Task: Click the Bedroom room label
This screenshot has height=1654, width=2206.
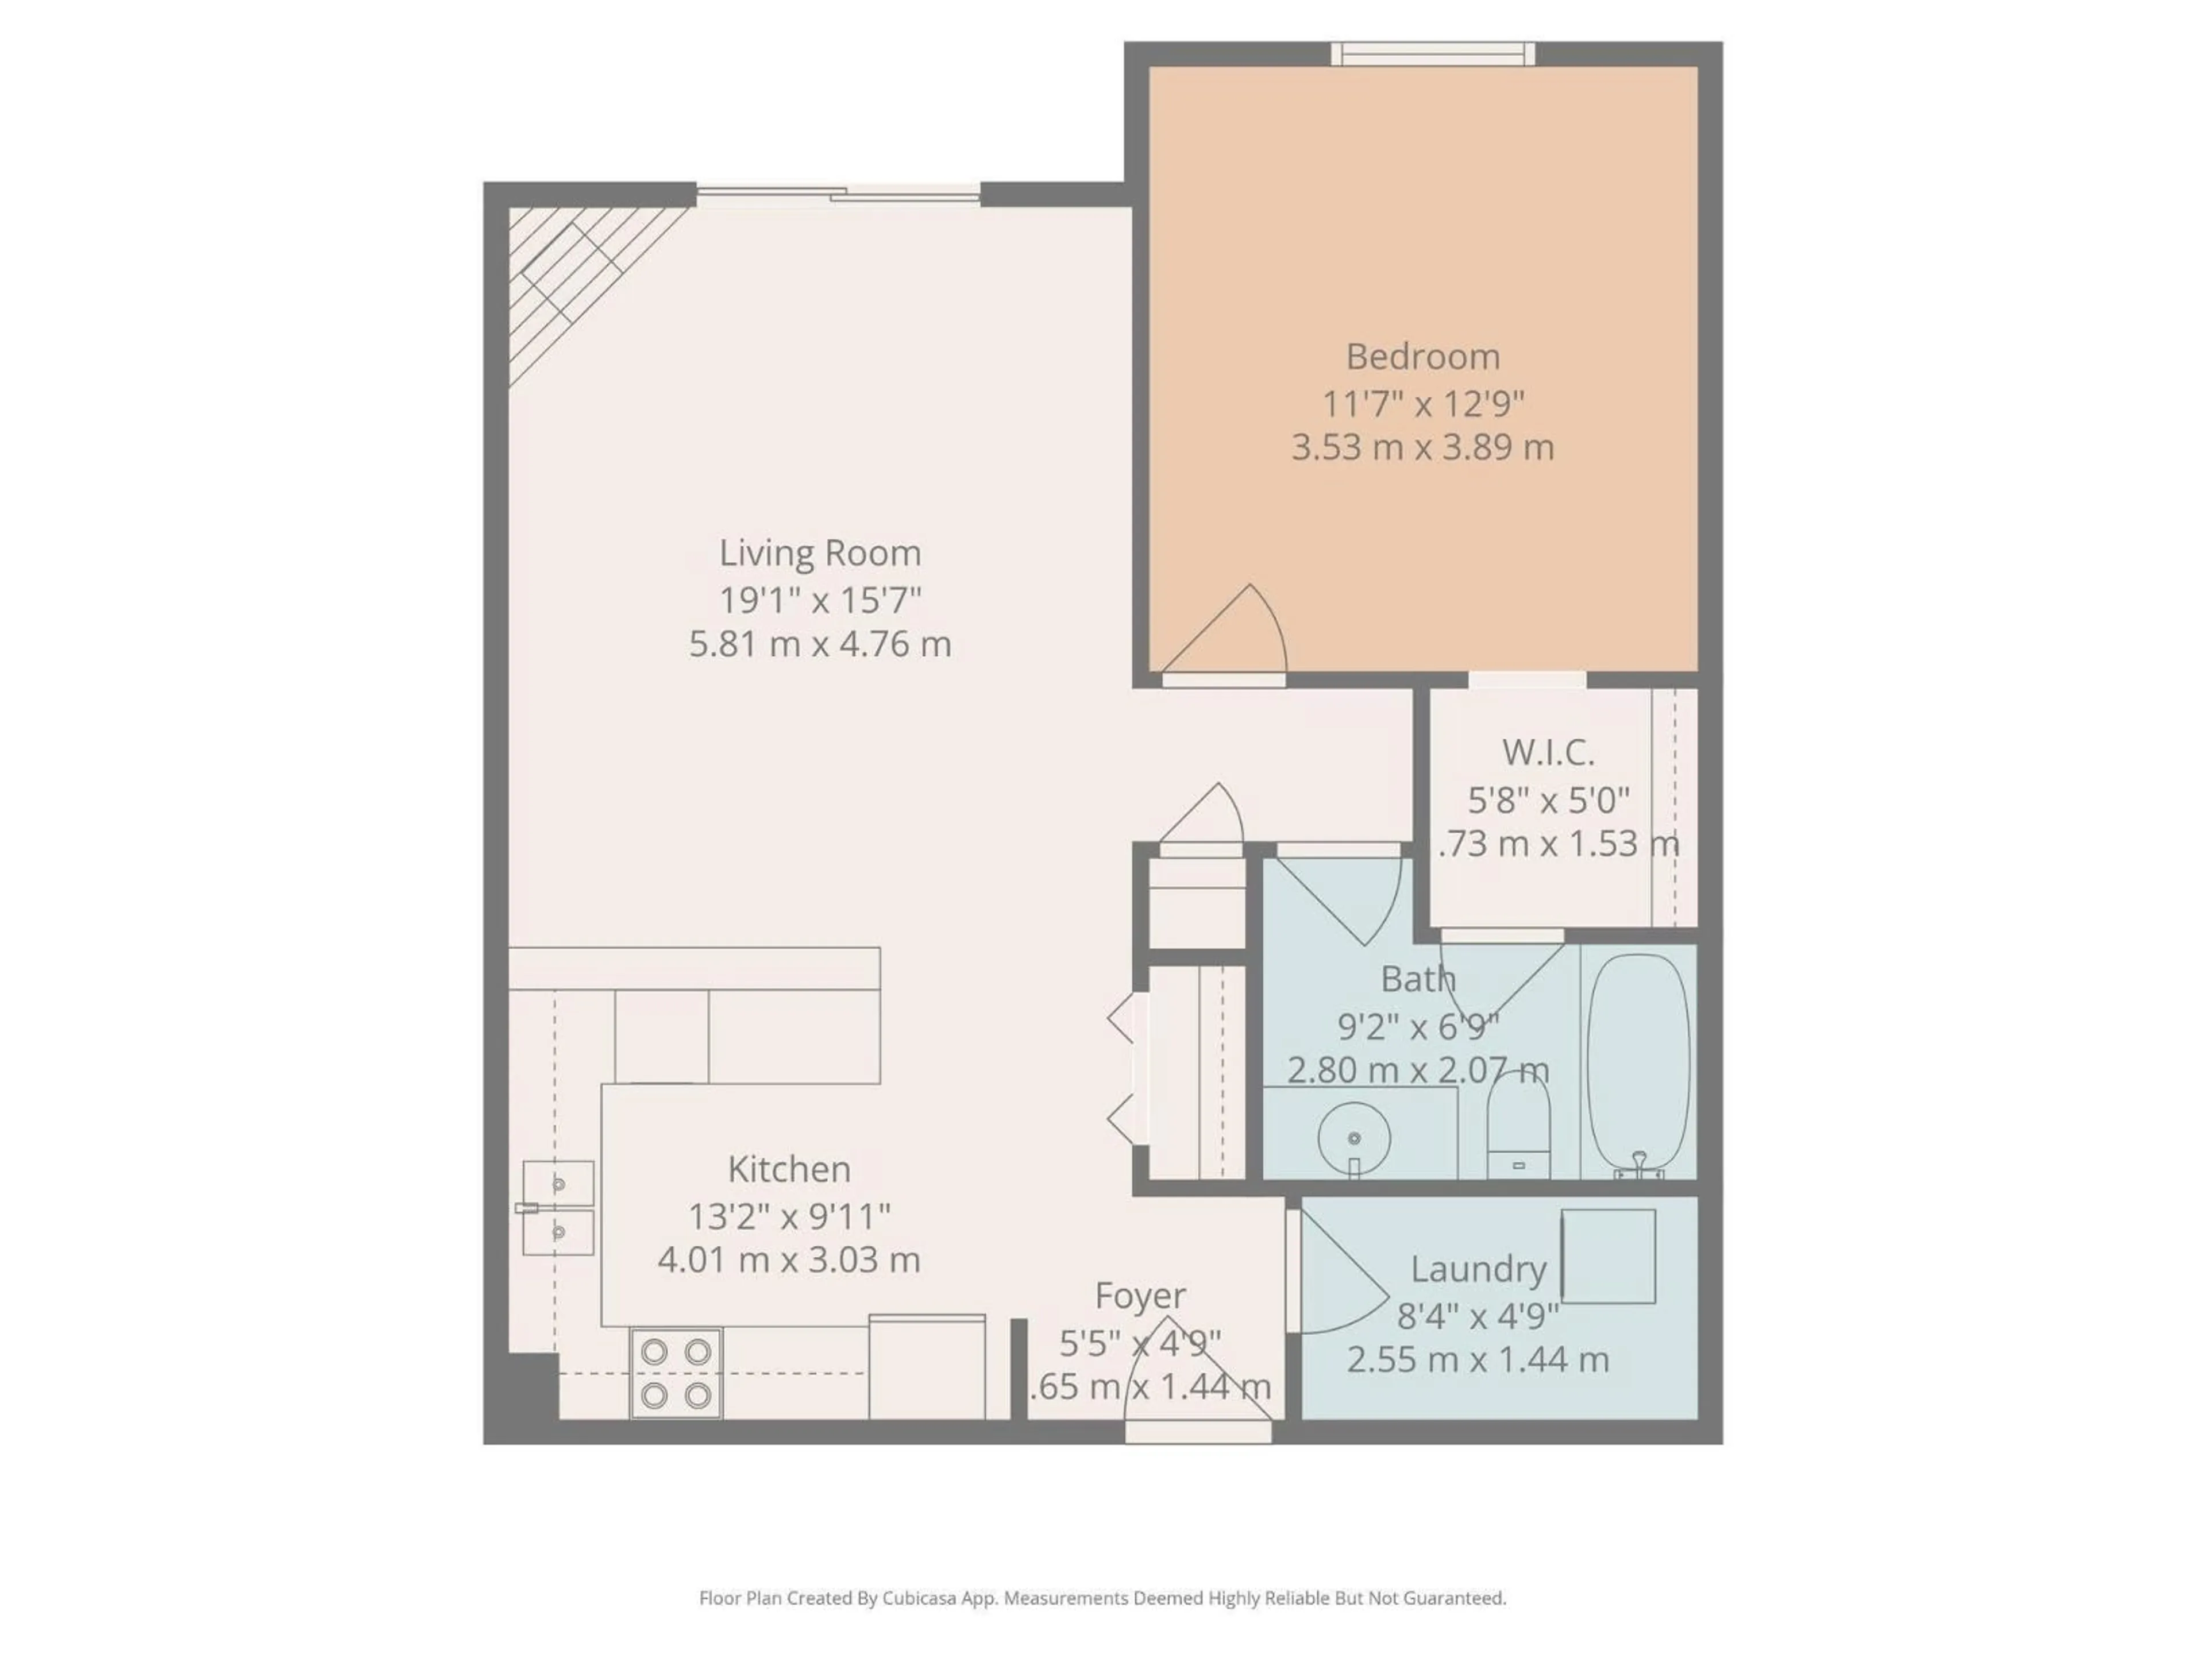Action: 1422,357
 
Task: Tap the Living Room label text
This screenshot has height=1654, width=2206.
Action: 820,553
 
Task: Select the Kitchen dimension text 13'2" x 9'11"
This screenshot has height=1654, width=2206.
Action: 789,1216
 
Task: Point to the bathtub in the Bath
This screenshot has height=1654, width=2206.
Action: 1638,1062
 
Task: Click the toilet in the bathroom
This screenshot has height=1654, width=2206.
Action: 1518,1127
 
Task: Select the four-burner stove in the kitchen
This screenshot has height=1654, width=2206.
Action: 676,1373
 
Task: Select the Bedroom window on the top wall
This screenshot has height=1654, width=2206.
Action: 1433,54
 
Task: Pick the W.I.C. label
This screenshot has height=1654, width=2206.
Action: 1548,753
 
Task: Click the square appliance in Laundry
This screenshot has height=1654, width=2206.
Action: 1607,1256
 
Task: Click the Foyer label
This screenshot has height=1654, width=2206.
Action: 1140,1295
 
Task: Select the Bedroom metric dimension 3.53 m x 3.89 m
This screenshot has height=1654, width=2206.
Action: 1422,447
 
